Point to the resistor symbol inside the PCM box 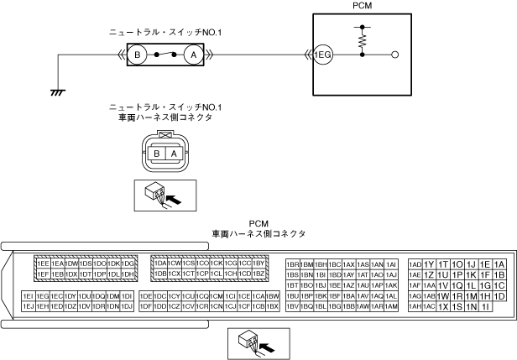point(363,39)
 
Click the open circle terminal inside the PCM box point(395,55)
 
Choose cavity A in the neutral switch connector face point(173,154)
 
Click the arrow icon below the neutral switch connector point(165,196)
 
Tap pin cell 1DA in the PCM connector point(160,263)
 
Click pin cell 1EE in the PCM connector point(43,263)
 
